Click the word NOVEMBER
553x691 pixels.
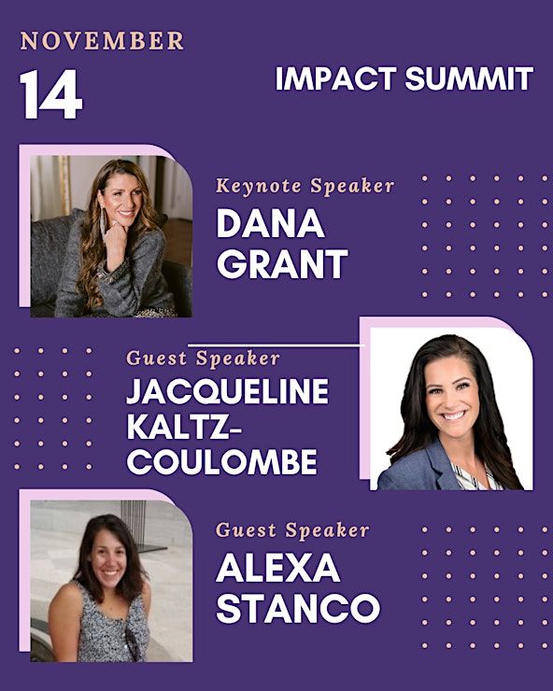(102, 41)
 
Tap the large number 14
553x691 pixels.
(51, 94)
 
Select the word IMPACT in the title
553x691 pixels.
(335, 78)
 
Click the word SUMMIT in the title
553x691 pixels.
(469, 78)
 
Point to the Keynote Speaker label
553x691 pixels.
(305, 186)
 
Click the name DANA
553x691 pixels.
(270, 223)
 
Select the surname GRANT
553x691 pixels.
(283, 263)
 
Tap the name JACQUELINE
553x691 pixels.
(228, 391)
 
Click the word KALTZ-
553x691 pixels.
(184, 427)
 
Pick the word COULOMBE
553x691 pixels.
(221, 461)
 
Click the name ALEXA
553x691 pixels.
(277, 568)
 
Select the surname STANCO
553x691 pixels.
(298, 608)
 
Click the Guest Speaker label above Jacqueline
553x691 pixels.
(203, 358)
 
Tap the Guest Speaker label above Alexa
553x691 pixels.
(292, 529)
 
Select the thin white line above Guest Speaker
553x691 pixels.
(275, 345)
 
